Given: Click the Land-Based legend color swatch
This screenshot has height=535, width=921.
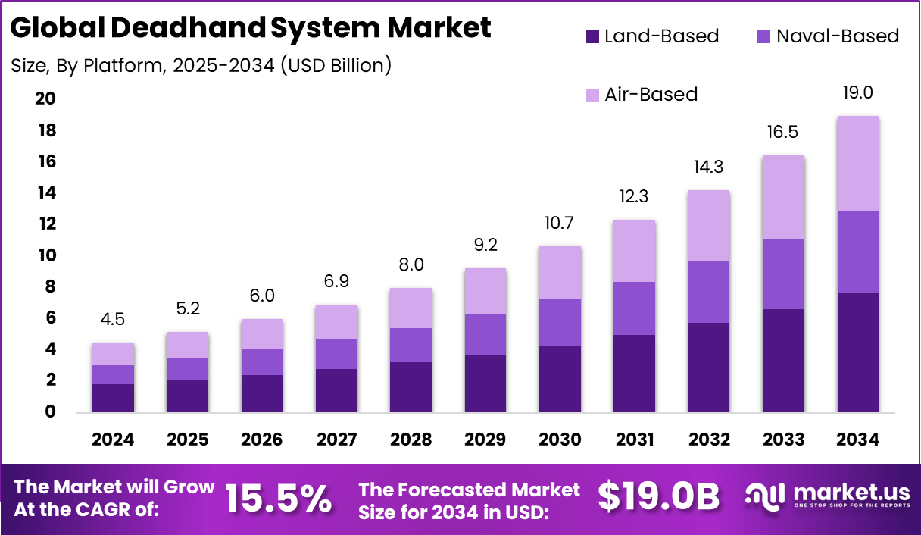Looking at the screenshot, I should [593, 36].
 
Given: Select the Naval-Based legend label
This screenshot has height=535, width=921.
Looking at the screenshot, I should [837, 36].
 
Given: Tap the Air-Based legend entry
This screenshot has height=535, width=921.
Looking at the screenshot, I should [650, 95].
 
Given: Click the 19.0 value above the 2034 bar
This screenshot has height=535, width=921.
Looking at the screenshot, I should [857, 93].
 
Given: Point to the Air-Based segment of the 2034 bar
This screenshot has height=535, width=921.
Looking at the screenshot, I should [857, 164].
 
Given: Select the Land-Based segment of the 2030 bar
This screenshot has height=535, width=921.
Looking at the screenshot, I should [560, 379].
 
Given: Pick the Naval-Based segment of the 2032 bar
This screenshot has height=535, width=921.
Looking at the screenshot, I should [709, 292].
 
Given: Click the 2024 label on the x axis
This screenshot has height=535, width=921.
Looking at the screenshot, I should [113, 440].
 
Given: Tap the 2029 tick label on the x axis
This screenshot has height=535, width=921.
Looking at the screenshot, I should [485, 440].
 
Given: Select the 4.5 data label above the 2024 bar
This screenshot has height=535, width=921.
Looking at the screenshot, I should [113, 319].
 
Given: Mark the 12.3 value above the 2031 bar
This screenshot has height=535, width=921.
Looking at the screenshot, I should [634, 197].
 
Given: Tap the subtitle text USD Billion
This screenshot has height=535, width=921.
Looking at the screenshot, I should [336, 66].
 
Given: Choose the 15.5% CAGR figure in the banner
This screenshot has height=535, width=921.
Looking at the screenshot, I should [278, 498].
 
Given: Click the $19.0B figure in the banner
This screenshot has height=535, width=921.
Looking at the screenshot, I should [657, 497].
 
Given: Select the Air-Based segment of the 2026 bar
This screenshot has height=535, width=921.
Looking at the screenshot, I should [262, 334].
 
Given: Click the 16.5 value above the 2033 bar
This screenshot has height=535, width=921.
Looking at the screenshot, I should [783, 133].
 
